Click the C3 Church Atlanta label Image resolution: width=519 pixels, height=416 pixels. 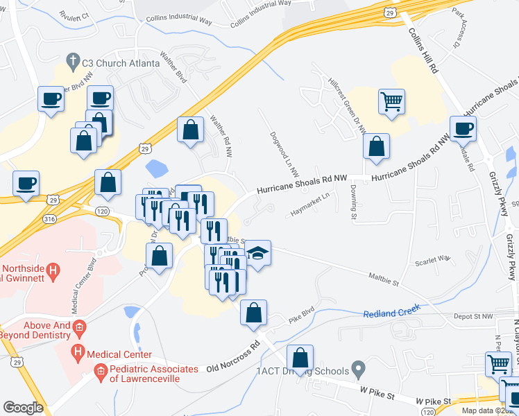(x=121, y=62)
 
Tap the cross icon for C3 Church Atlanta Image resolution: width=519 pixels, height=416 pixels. (x=72, y=61)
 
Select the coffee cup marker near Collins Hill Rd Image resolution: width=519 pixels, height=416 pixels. (x=463, y=128)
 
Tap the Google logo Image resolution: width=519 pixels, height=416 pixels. (x=24, y=408)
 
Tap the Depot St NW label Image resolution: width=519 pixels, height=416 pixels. (x=474, y=316)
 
